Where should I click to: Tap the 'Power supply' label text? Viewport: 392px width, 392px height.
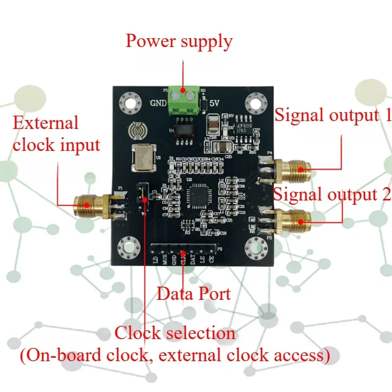click(178, 41)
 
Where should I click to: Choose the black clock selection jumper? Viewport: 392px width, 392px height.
click(143, 193)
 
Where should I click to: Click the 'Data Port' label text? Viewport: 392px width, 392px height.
click(193, 294)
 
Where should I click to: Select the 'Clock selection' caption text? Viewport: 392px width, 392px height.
click(175, 333)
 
